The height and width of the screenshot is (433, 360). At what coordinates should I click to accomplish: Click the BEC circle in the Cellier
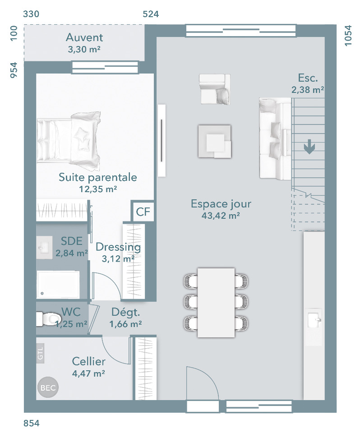pyautogui.click(x=48, y=387)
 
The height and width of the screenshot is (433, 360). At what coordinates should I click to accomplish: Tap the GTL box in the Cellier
pyautogui.click(x=40, y=353)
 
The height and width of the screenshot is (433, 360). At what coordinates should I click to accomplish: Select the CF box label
pyautogui.click(x=143, y=212)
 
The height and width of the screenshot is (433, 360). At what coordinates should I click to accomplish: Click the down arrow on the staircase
pyautogui.click(x=309, y=147)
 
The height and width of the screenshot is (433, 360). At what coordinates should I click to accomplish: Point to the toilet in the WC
pyautogui.click(x=48, y=319)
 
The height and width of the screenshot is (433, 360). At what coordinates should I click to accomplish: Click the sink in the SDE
pyautogui.click(x=44, y=247)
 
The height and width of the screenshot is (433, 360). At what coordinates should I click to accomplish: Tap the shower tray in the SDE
pyautogui.click(x=58, y=285)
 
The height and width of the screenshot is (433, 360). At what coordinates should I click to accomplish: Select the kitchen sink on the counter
pyautogui.click(x=315, y=320)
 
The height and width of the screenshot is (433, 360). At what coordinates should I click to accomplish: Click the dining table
pyautogui.click(x=216, y=303)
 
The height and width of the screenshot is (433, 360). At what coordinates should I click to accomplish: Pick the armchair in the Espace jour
pyautogui.click(x=214, y=89)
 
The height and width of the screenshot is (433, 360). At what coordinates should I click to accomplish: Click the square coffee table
pyautogui.click(x=214, y=141)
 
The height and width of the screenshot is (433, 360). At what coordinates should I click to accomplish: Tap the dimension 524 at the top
pyautogui.click(x=151, y=14)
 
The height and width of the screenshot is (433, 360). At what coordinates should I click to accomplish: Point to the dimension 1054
pyautogui.click(x=348, y=36)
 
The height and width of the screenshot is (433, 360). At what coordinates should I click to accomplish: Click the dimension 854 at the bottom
pyautogui.click(x=32, y=423)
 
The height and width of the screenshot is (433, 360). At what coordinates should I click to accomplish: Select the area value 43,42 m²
pyautogui.click(x=221, y=216)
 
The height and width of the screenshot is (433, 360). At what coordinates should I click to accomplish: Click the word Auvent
pyautogui.click(x=84, y=37)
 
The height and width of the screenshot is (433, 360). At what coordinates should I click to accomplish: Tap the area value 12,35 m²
pyautogui.click(x=98, y=189)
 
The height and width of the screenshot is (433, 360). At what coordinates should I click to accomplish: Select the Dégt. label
pyautogui.click(x=126, y=312)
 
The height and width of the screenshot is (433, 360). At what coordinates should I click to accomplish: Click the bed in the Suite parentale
pyautogui.click(x=69, y=141)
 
